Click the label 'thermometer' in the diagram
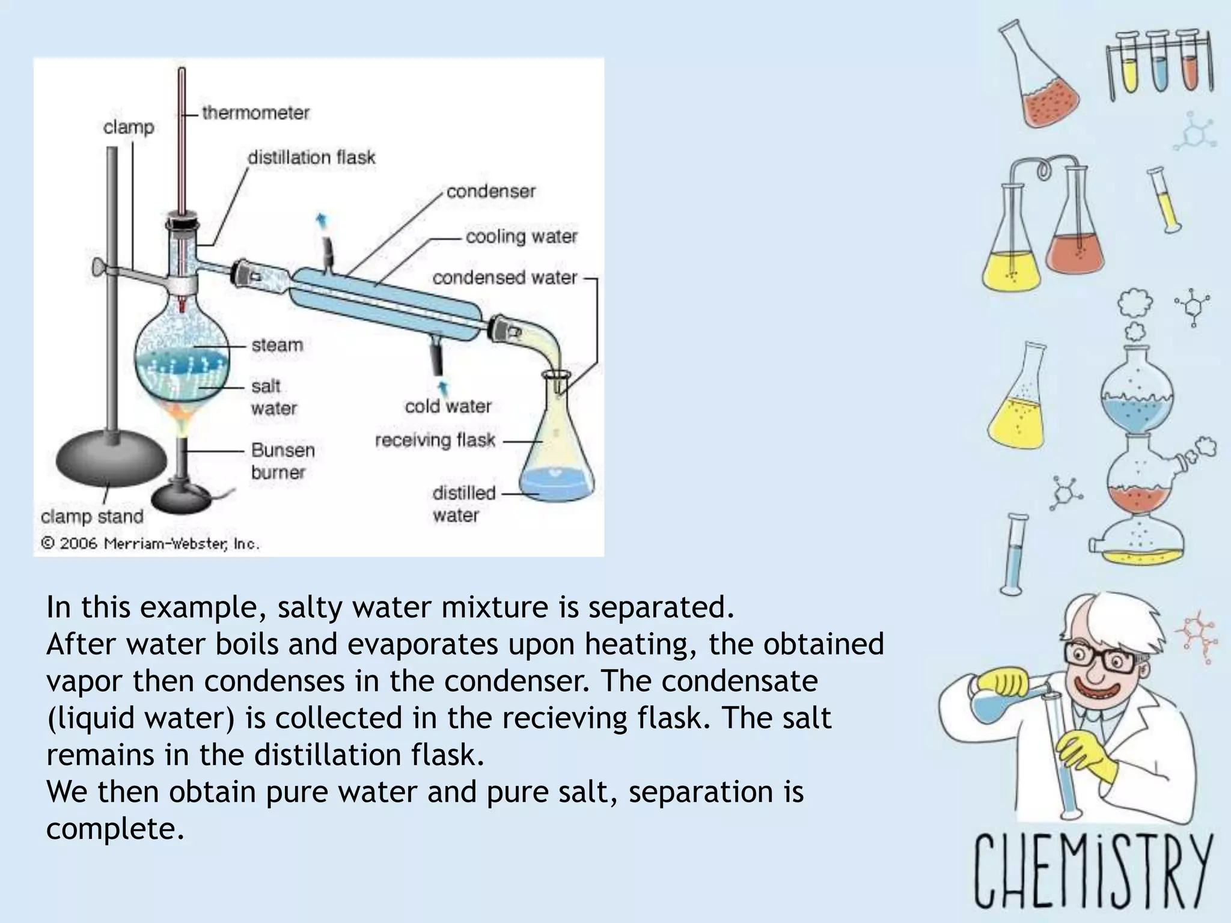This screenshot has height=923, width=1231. pos(255,112)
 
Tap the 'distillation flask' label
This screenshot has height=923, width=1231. pos(311,157)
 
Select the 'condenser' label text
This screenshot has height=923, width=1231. pos(490,191)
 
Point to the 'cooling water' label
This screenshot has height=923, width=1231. pos(521,236)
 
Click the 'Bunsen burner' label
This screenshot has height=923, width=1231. pos(283,461)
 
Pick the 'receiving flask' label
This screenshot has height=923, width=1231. pos(435,440)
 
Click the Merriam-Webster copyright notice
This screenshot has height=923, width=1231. pos(150,543)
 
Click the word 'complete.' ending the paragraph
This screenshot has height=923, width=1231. pos(115,829)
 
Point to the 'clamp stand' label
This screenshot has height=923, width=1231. pos(92,516)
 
